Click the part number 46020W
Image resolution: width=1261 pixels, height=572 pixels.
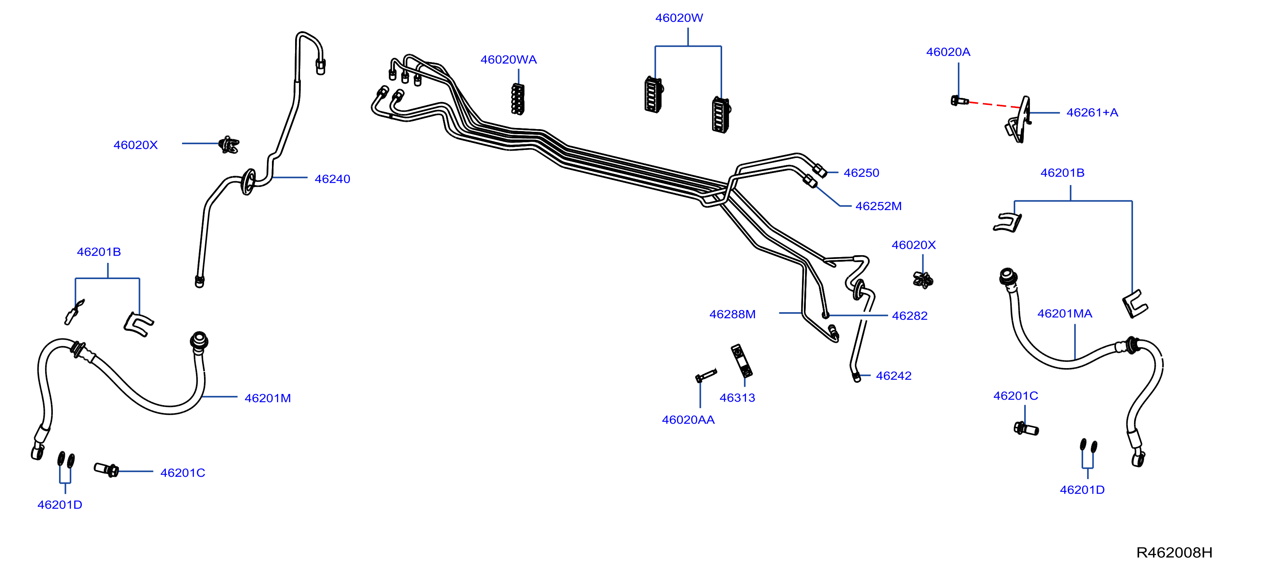(679, 18)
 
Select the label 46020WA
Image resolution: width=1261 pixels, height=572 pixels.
(509, 60)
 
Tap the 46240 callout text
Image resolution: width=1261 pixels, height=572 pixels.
(333, 179)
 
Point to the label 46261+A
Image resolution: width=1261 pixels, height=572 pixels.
(1092, 113)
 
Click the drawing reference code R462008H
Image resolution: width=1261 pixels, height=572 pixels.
(1174, 552)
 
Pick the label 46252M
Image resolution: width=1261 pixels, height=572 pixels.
(878, 206)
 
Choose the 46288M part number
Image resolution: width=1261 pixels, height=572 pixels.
(732, 314)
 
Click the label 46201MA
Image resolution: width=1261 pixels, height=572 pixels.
(1065, 314)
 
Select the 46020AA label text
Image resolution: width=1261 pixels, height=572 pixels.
(688, 420)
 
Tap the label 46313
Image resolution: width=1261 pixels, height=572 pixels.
(737, 398)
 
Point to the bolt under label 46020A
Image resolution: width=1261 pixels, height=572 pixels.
(959, 101)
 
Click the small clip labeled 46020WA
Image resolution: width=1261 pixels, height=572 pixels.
(517, 99)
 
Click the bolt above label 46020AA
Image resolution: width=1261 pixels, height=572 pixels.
(706, 376)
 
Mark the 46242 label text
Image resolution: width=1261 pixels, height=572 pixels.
(893, 376)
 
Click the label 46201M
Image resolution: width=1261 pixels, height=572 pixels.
(268, 398)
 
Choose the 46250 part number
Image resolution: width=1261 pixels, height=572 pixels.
(861, 173)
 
